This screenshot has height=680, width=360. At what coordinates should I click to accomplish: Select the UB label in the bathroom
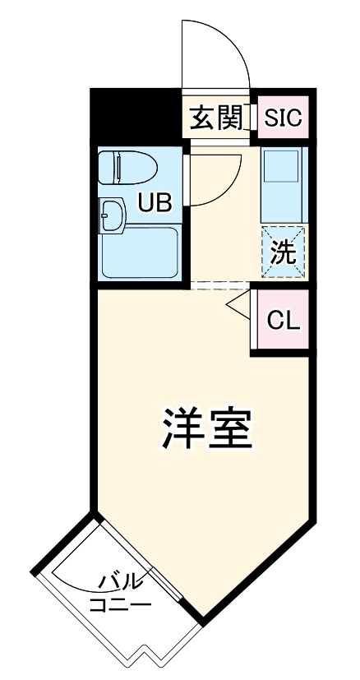(154, 201)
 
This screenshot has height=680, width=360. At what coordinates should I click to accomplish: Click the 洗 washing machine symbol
(284, 252)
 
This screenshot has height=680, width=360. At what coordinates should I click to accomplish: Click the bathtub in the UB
(140, 252)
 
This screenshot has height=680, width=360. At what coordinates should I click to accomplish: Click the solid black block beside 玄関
(134, 116)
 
